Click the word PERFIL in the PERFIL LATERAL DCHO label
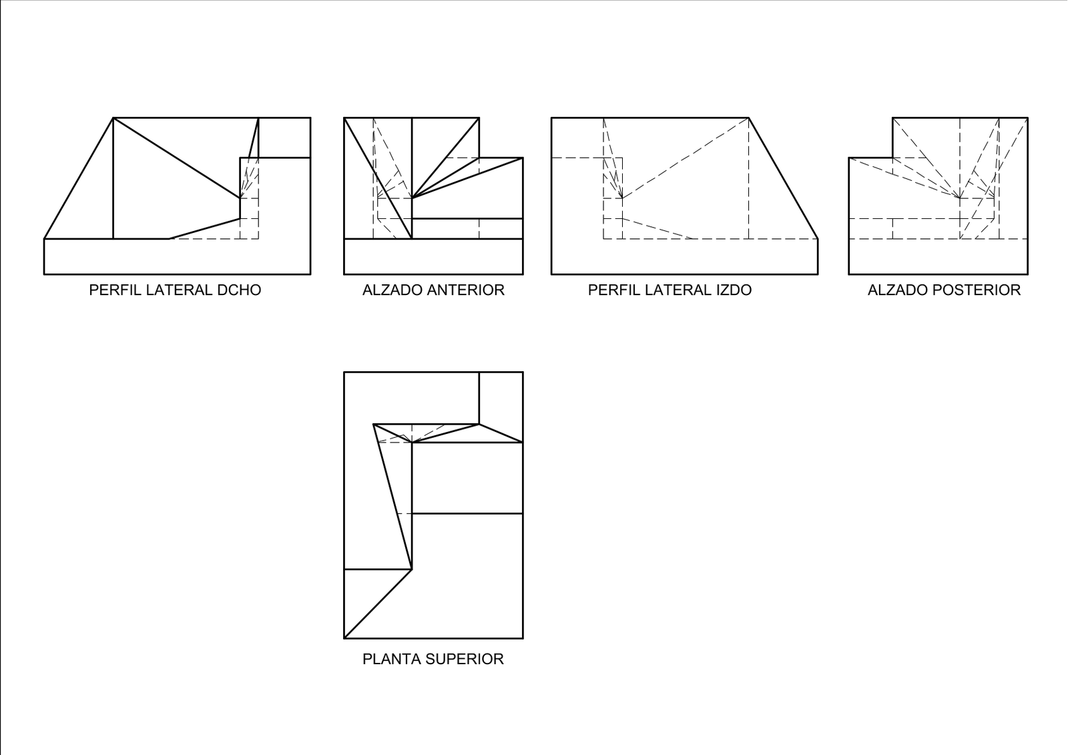(115, 290)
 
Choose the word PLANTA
(392, 659)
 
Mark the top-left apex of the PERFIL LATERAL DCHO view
(113, 117)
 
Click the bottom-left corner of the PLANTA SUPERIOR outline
(344, 638)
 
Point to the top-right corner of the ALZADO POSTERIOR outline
(1027, 117)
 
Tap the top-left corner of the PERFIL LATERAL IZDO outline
(551, 117)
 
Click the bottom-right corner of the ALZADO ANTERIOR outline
(523, 274)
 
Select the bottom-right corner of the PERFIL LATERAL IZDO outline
(818, 274)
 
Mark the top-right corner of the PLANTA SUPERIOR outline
(523, 372)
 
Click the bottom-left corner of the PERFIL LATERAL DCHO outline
(44, 274)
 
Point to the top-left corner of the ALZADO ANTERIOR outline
(344, 117)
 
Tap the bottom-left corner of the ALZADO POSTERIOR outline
(848, 274)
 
